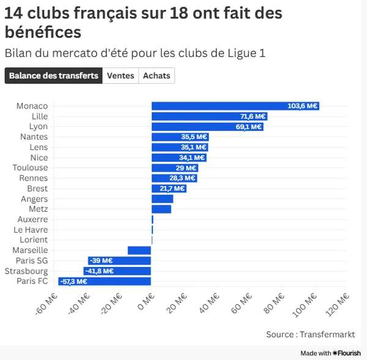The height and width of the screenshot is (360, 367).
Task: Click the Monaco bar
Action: coord(235,106)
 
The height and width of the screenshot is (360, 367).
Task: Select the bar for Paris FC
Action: coord(105,282)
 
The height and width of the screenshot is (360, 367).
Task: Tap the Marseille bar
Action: coord(139,250)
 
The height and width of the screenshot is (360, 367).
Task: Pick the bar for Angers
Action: coord(163,199)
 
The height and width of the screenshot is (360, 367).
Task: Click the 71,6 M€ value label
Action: coord(253,116)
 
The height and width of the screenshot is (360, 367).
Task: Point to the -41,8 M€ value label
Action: coord(101,271)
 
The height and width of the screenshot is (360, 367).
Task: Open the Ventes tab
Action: coord(120,76)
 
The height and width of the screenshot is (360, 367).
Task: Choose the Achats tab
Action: coord(157,76)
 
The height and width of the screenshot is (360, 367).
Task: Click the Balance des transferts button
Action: coord(53,76)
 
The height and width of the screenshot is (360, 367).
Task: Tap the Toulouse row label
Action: coord(30,168)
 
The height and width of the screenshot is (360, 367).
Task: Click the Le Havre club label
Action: coord(31,230)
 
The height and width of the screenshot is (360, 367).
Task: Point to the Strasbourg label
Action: coord(26,271)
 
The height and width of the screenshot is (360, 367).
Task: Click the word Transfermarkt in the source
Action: coord(328,334)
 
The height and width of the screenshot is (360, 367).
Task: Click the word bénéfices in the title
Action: coord(42,32)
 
